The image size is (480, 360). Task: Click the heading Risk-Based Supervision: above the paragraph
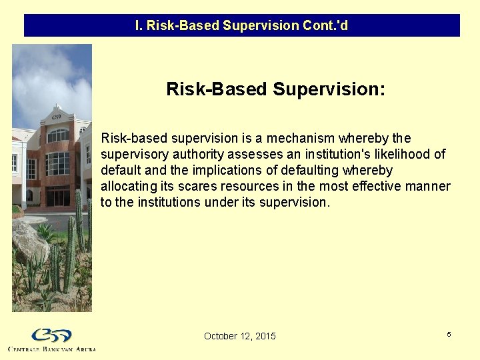(275, 89)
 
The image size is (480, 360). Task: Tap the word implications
(200, 171)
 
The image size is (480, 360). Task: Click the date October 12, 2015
(239, 336)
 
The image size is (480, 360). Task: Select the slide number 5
(449, 334)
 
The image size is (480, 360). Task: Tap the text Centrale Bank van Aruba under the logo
(52, 349)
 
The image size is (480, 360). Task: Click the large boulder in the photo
(28, 241)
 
